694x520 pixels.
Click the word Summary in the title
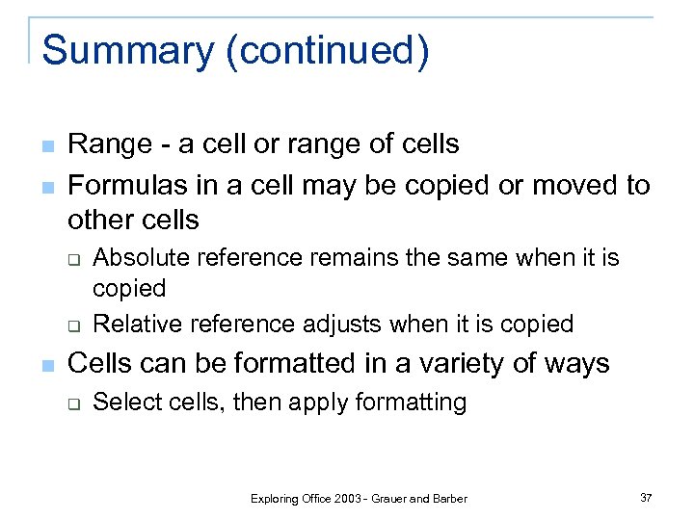point(127,51)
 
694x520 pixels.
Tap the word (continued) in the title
point(327,51)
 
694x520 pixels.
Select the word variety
point(477,364)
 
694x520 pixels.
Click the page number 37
point(645,498)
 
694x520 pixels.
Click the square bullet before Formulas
point(47,185)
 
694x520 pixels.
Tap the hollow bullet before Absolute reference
point(72,259)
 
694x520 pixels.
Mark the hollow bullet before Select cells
point(72,403)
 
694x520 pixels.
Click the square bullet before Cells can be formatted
point(47,365)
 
